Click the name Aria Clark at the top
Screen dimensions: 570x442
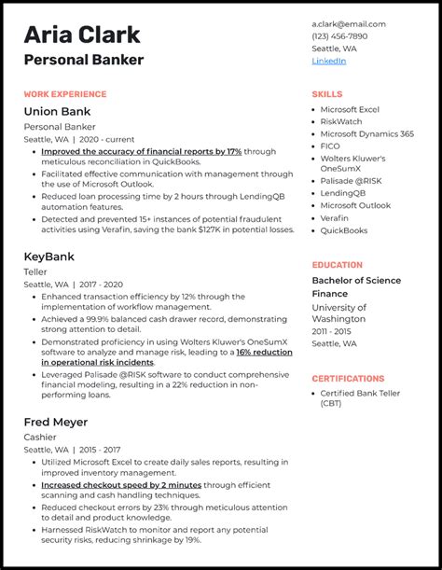[82, 35]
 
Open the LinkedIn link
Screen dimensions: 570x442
[328, 61]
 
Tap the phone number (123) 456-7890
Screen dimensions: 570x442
[340, 35]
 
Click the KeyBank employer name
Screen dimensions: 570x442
[50, 256]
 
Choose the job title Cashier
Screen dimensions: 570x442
[41, 438]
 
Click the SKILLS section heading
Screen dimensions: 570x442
[327, 94]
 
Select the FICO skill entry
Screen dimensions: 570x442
[331, 146]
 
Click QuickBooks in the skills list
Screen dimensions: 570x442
[344, 230]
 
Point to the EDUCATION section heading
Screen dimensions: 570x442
[337, 265]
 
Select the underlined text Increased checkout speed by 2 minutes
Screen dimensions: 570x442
[121, 485]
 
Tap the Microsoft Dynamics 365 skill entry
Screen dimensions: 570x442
[366, 133]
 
